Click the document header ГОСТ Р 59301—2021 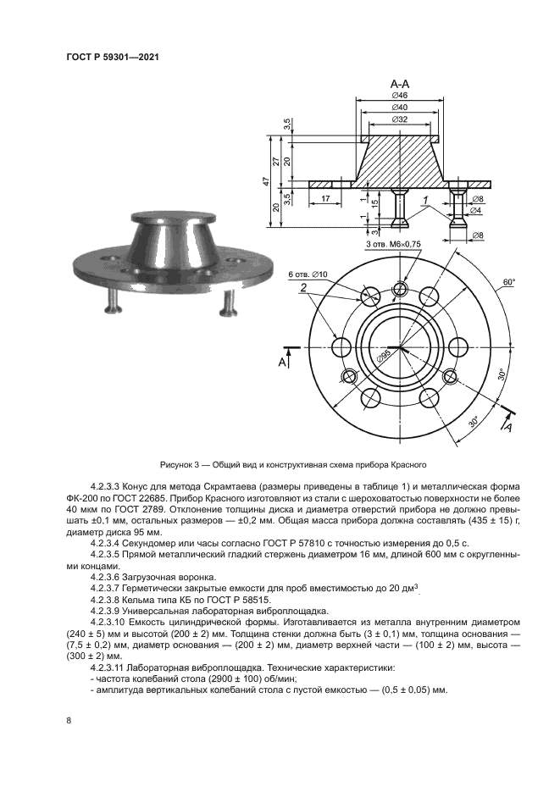pos(113,58)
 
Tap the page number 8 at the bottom pos(68,720)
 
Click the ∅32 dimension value pos(401,119)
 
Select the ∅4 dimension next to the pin pos(478,210)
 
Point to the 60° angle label pos(508,282)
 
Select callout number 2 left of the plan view pos(302,290)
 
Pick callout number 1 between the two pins pos(425,200)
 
